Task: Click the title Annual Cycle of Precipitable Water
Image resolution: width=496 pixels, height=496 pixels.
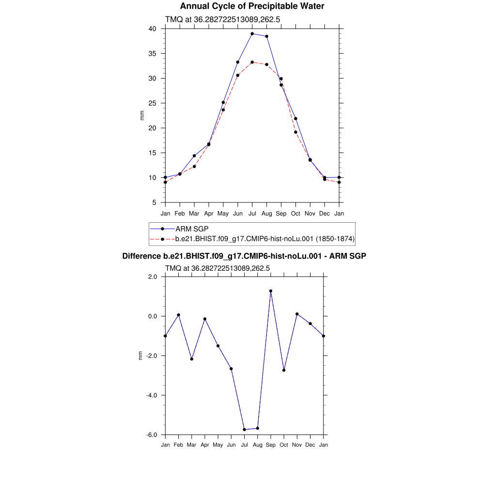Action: tap(252, 6)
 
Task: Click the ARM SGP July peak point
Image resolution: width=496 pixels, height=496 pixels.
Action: tap(252, 34)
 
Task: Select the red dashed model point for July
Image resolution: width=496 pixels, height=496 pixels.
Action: tap(252, 62)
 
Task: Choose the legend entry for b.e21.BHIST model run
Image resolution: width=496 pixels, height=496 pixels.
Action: tap(264, 238)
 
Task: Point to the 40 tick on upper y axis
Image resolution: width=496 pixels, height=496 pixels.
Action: tap(152, 29)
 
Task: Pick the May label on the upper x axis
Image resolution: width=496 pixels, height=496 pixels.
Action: tap(223, 214)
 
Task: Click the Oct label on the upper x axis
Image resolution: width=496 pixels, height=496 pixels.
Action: tap(295, 214)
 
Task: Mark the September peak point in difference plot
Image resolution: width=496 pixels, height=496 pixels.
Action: tap(271, 291)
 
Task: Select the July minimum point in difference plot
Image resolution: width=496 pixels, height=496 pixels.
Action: tap(245, 430)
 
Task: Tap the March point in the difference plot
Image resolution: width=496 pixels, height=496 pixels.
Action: tap(192, 359)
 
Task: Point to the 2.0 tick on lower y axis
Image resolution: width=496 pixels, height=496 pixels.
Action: tap(153, 277)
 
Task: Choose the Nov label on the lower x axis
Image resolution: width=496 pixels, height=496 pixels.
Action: tap(297, 445)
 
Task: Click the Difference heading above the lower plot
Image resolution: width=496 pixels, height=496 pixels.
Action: tap(244, 256)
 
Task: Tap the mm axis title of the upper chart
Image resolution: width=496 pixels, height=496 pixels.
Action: tap(142, 116)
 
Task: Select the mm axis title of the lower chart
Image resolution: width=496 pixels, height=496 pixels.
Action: tap(141, 356)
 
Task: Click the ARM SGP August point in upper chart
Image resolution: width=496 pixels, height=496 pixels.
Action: tap(267, 36)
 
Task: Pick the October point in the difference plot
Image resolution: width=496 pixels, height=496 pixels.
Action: tap(284, 370)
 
